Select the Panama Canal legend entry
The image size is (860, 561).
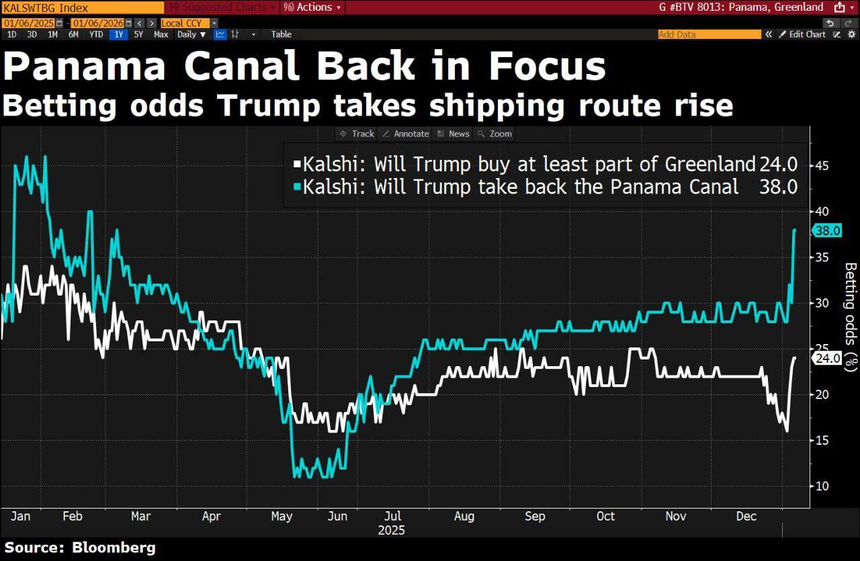[x=521, y=187]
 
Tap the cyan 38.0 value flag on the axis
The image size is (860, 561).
[x=826, y=230]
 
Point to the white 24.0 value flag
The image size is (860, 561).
[x=826, y=358]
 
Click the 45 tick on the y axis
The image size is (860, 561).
[x=822, y=165]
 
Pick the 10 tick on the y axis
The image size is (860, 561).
[x=822, y=486]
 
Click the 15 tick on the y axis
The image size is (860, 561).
[x=822, y=440]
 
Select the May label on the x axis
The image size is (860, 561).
[x=282, y=516]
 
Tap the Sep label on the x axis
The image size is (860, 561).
[x=535, y=516]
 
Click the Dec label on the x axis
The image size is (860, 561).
[x=746, y=516]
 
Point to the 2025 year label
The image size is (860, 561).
[x=391, y=530]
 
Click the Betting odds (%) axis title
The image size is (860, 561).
[x=851, y=316]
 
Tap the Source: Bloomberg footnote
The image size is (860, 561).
[x=80, y=548]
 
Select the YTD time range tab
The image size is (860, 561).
[x=96, y=34]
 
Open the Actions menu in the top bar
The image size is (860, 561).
[x=312, y=7]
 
